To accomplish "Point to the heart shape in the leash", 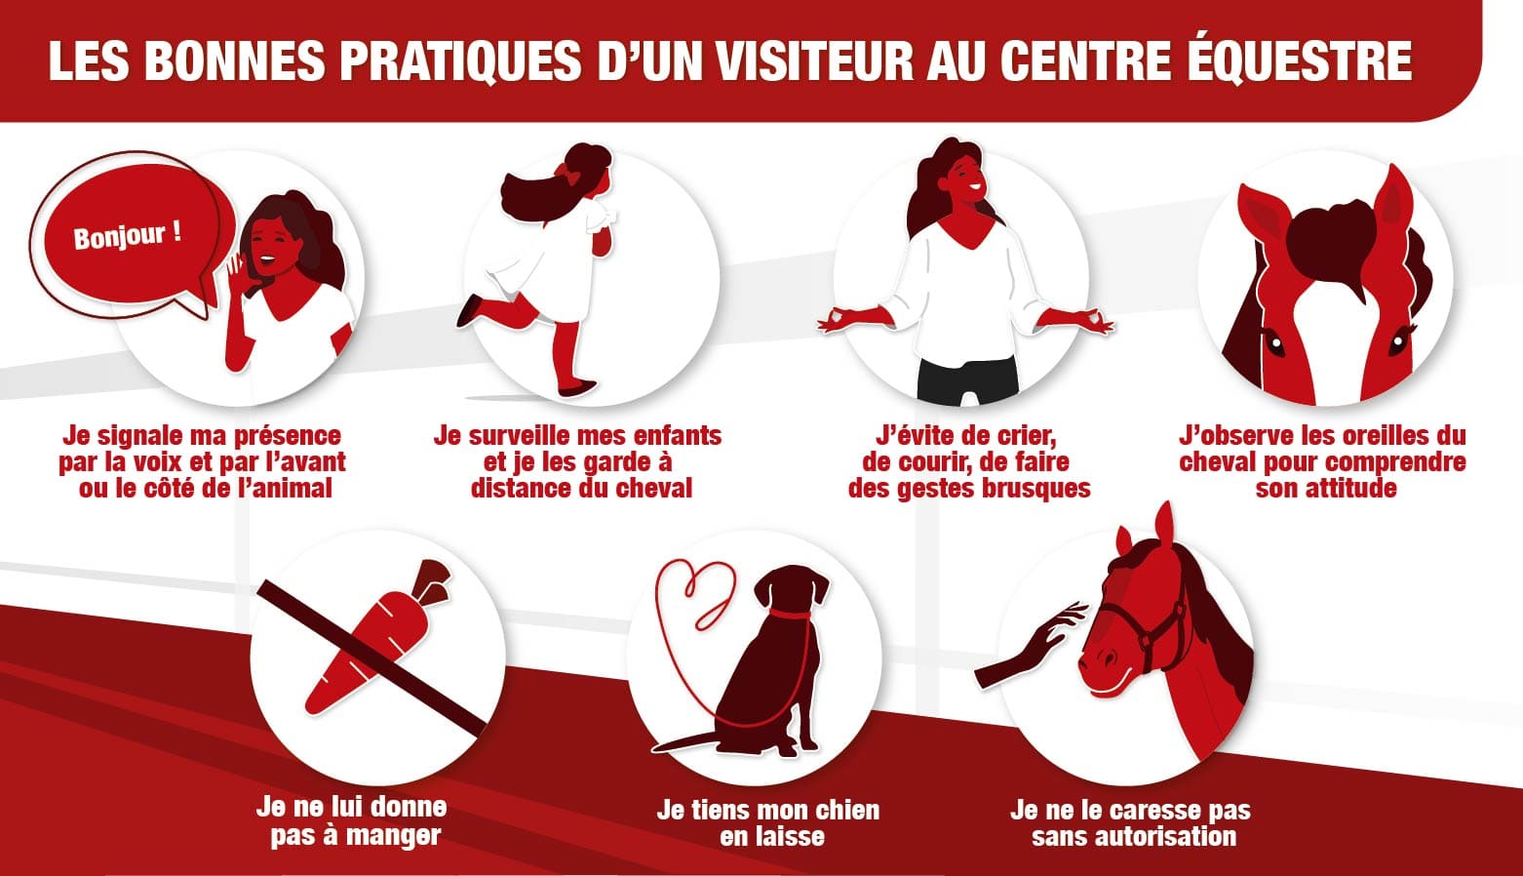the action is pyautogui.click(x=697, y=589).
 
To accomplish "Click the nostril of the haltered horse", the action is pyautogui.click(x=1106, y=658).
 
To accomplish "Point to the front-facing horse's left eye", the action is pyautogui.click(x=1273, y=342).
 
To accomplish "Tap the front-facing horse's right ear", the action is pyautogui.click(x=1393, y=204).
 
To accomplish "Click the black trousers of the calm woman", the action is pyautogui.click(x=967, y=380).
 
